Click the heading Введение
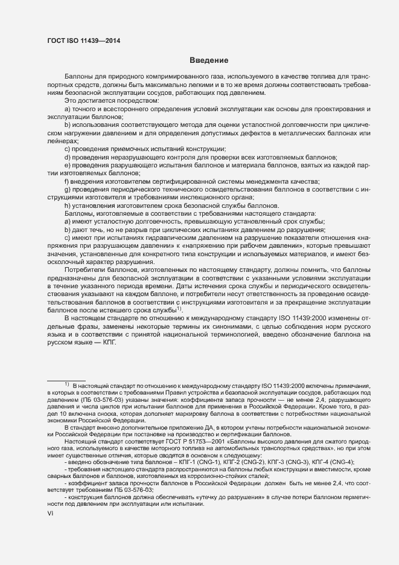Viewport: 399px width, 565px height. (208, 60)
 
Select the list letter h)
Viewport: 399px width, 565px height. (68, 205)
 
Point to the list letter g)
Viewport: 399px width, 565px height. (68, 190)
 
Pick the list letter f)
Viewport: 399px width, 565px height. (68, 182)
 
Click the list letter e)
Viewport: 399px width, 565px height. (68, 164)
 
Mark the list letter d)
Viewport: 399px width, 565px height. (68, 157)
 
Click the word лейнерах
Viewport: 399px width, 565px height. (62, 140)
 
